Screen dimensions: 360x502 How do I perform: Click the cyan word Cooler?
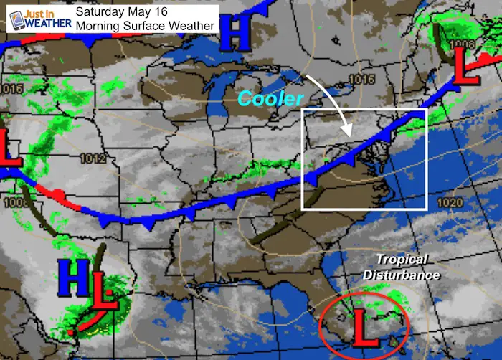[271, 98]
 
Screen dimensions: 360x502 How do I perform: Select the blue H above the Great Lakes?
[236, 31]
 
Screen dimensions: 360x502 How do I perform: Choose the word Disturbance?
[402, 274]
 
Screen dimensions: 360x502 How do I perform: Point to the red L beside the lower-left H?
[103, 287]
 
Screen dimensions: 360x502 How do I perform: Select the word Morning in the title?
[100, 26]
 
